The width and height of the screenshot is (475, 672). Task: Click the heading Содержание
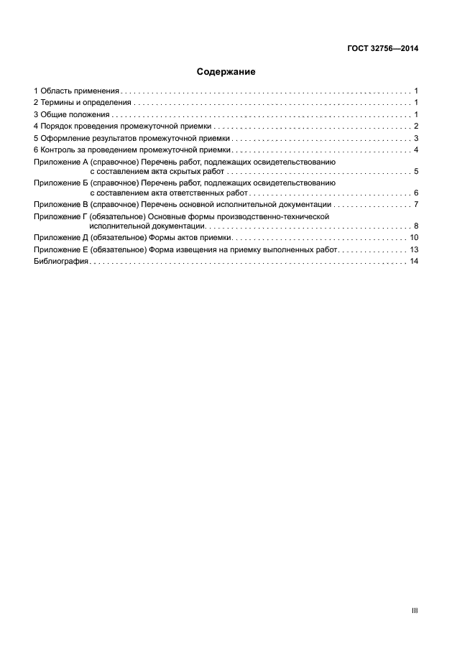point(226,72)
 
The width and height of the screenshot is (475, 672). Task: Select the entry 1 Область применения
point(77,92)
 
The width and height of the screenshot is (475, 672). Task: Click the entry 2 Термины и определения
point(83,103)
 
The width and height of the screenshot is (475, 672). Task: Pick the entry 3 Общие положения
point(72,115)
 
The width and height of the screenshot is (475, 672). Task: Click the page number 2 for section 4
point(416,126)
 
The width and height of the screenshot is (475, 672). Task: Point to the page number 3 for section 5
point(416,138)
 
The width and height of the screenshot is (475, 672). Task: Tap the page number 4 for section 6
point(416,149)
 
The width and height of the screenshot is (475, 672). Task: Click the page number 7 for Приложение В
point(416,205)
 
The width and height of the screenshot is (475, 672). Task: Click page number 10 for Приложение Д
point(414,238)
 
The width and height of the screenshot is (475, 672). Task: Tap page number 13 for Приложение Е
point(414,249)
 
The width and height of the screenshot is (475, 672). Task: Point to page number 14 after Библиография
point(414,262)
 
